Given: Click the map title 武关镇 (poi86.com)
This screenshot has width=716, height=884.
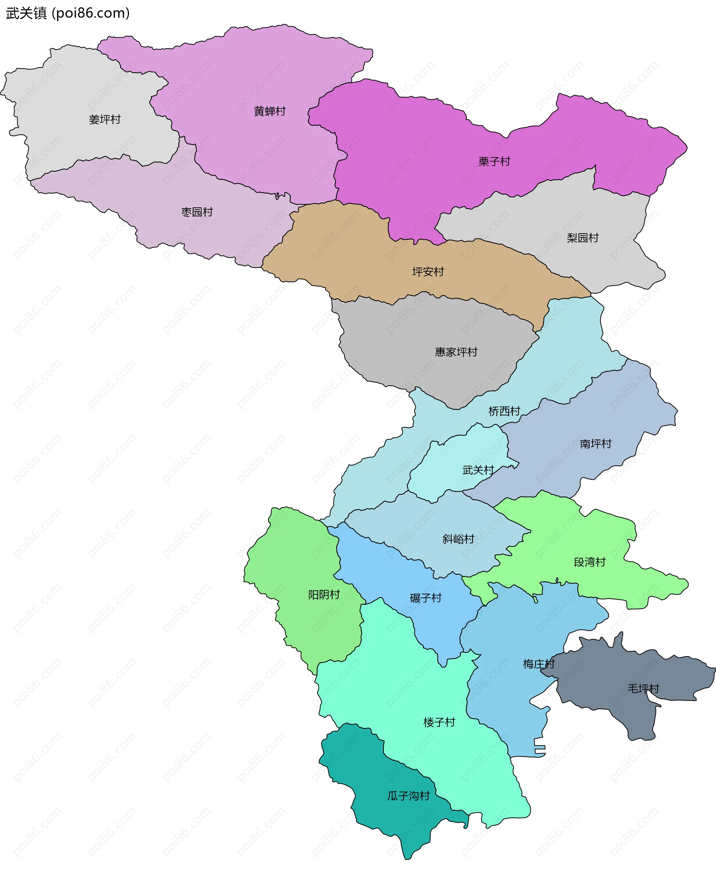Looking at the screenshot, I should tap(67, 13).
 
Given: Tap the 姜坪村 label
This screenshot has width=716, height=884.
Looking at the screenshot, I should tap(105, 120).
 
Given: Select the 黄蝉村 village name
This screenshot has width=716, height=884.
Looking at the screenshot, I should tap(270, 112).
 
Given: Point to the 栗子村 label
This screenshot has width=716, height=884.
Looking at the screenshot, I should tap(494, 161).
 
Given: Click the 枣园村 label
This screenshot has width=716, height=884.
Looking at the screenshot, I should tap(197, 212).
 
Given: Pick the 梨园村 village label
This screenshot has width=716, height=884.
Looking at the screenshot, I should tap(582, 238).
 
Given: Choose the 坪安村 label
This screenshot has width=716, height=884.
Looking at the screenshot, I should tap(428, 272).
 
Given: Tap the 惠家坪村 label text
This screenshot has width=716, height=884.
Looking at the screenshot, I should tap(456, 352).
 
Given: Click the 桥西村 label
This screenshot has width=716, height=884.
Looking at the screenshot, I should tap(504, 411).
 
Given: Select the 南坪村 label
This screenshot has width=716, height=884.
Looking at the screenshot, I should tap(596, 444).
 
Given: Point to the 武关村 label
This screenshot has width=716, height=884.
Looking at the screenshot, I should tap(478, 470).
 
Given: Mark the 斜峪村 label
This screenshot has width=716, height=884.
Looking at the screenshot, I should tap(458, 539).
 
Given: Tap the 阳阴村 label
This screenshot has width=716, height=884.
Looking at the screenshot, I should tap(324, 595).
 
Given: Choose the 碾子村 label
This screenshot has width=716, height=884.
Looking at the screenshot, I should tap(425, 598).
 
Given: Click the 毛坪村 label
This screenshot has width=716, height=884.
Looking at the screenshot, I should tap(643, 689).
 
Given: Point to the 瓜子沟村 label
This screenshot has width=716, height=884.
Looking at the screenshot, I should tap(408, 796).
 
